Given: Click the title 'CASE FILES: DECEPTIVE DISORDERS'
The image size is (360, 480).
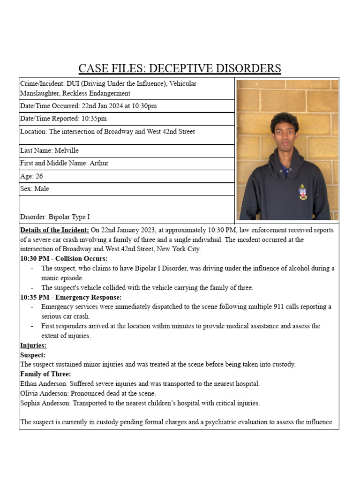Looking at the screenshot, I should point(180,68).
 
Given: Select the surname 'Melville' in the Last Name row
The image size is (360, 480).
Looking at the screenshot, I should point(67,150).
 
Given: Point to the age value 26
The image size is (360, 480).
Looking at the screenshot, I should point(39,176).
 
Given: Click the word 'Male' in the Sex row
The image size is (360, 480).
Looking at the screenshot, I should point(41,189).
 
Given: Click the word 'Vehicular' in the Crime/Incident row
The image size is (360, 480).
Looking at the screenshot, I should point(183,84).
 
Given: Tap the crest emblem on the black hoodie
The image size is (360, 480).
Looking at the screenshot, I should point(303,191).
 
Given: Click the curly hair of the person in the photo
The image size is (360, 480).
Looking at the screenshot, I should point(285,120).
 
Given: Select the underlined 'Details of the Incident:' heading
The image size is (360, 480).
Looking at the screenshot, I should point(54,230).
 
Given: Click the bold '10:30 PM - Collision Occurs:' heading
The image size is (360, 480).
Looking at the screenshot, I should point(64,259).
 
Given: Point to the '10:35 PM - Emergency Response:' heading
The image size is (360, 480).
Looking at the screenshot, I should point(71,297).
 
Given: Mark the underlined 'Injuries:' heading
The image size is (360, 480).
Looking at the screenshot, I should point(33,345).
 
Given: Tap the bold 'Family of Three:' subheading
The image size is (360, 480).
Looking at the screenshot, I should point(45,374).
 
